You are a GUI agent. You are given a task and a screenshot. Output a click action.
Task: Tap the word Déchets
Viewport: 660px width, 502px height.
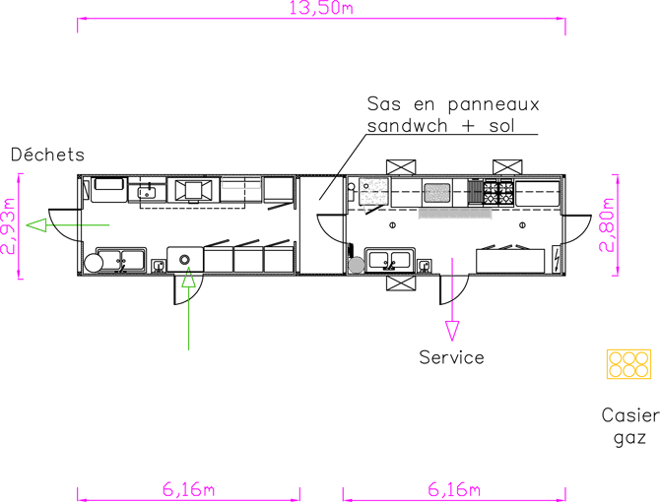47,155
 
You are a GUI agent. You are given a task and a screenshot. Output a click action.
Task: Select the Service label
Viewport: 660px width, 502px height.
451,356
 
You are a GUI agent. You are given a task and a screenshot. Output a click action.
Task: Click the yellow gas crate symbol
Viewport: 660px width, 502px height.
628,364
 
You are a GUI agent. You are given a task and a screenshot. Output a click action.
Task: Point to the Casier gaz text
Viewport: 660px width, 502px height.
628,426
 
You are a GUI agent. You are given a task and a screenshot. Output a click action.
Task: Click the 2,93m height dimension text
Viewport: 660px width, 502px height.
9,227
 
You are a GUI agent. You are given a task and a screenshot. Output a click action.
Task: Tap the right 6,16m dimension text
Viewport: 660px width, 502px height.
454,489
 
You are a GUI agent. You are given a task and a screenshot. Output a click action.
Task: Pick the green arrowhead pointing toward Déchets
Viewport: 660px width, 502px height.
36,227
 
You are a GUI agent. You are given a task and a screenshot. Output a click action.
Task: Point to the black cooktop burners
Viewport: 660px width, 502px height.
493,192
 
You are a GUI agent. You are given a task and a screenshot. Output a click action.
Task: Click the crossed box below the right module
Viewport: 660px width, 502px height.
402,284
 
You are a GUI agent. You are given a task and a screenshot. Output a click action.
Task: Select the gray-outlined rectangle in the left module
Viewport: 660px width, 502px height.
241,182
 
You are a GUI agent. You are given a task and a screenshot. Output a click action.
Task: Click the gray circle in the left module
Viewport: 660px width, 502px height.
94,263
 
